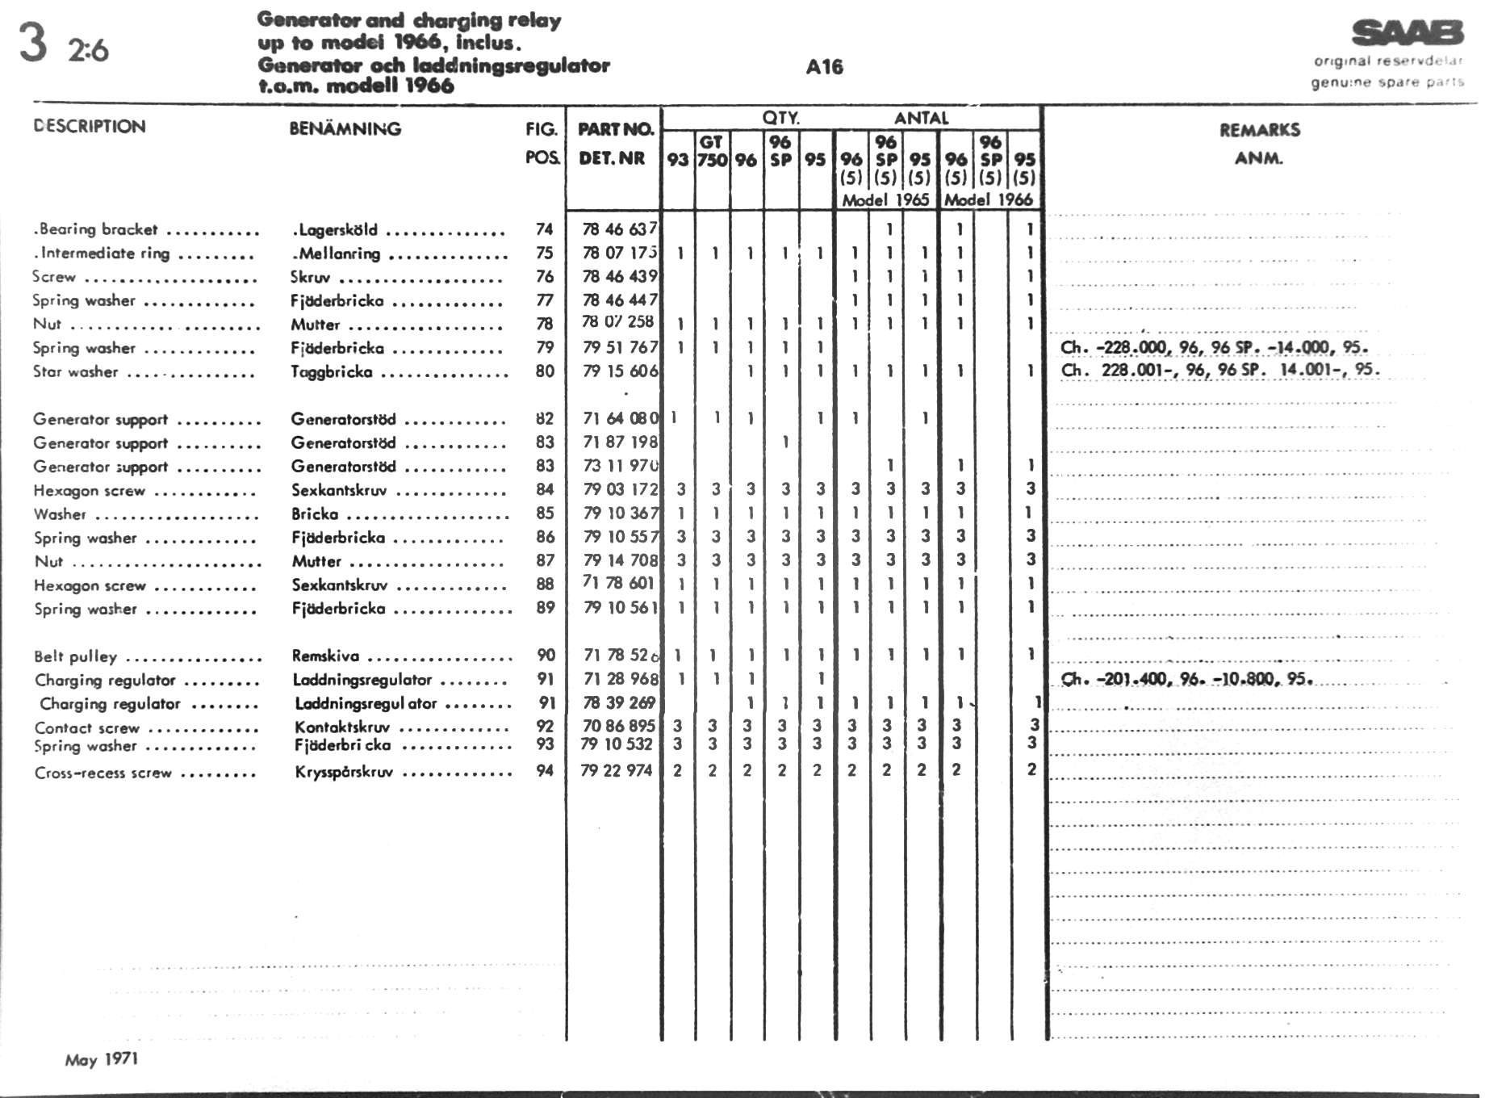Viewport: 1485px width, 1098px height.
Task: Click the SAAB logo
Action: coord(1408,33)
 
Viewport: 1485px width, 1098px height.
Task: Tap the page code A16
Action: coord(824,67)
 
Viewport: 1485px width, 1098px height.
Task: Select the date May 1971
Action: coord(102,1059)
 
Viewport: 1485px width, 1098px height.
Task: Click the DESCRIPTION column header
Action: coord(90,127)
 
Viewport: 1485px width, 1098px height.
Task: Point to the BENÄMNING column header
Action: coord(345,128)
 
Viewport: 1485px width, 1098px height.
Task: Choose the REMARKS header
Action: coord(1259,130)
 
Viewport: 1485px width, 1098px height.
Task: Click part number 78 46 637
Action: coord(619,229)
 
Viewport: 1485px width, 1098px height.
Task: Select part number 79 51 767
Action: coord(619,347)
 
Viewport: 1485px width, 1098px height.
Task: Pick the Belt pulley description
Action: coord(75,656)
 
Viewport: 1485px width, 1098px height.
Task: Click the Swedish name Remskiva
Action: coord(325,656)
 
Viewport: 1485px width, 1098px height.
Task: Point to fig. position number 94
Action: coord(545,770)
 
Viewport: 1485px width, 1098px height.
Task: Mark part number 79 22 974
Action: coord(616,770)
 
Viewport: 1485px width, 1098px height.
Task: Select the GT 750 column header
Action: coord(712,151)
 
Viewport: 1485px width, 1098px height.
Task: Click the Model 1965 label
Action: coord(885,199)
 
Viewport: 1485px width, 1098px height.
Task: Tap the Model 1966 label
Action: coord(989,199)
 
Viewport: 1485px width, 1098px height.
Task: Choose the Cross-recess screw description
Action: coord(102,773)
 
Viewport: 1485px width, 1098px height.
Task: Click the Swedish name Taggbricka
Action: coord(332,372)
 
